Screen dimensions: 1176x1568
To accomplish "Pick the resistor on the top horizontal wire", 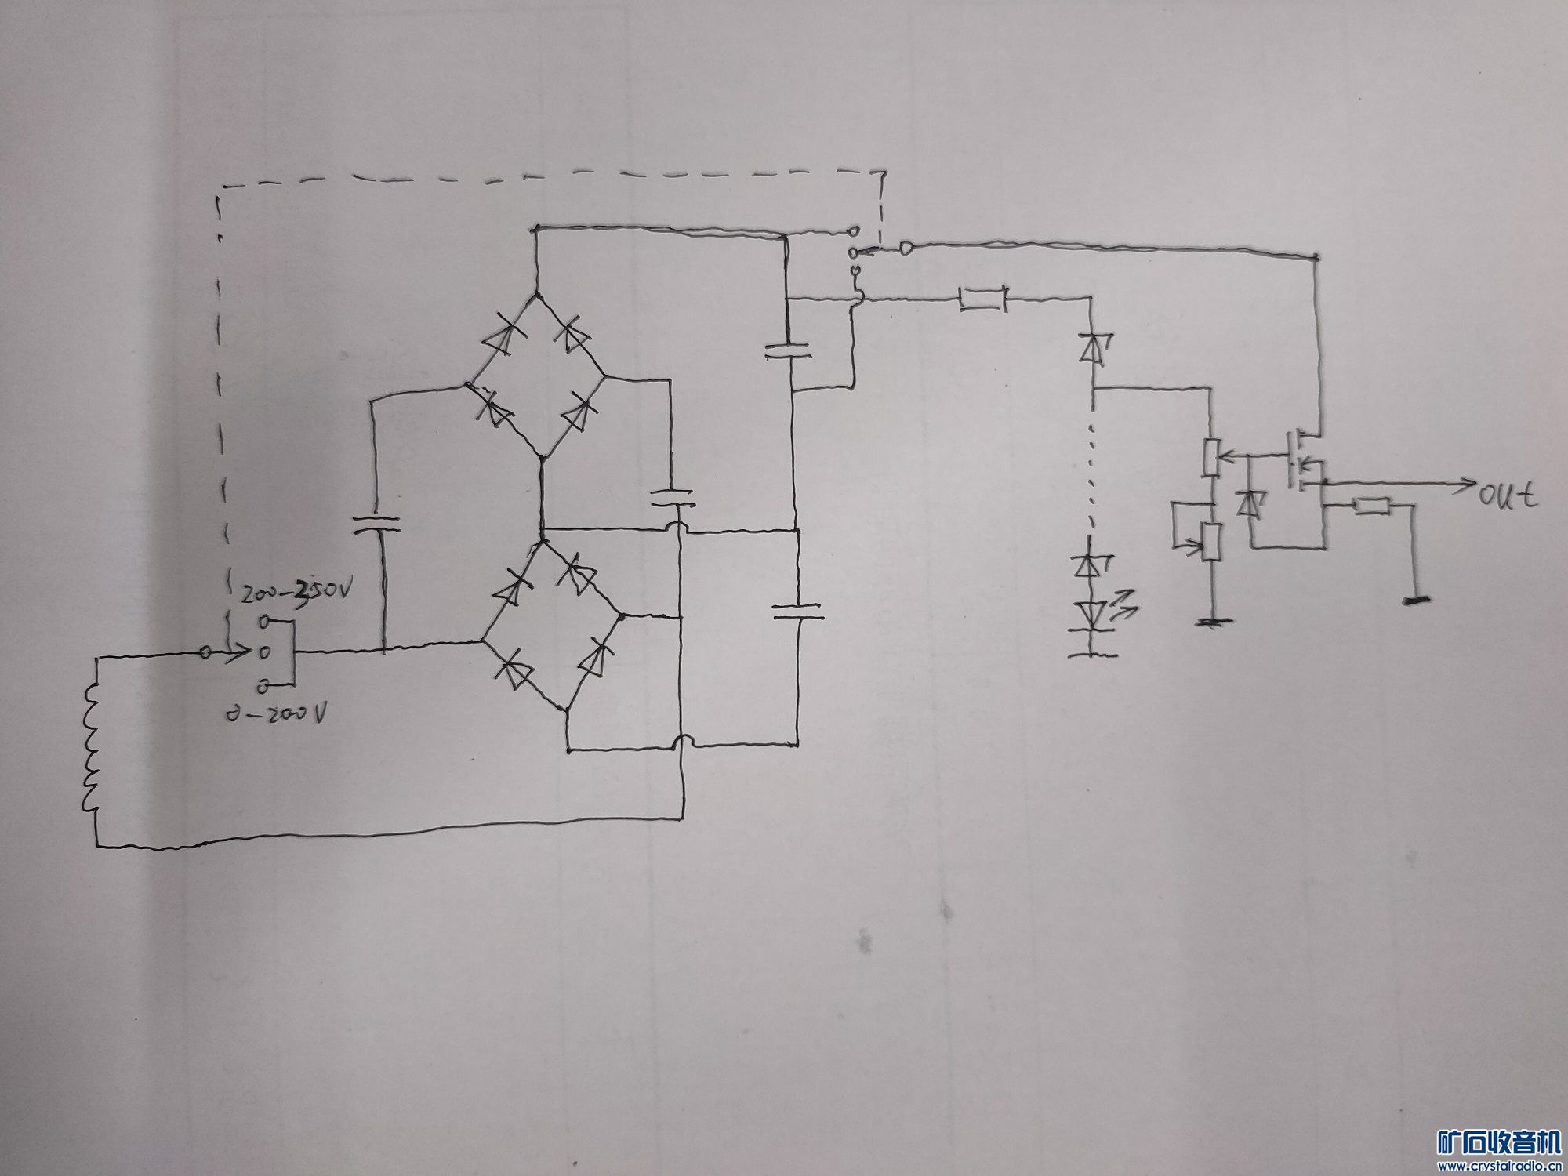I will coord(983,299).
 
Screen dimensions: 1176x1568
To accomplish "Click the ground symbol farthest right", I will coord(1413,601).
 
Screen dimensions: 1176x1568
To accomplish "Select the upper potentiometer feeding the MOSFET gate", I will coord(1213,458).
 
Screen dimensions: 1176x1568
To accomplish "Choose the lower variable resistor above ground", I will coord(1212,542).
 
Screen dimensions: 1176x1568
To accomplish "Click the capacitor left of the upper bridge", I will coord(375,523).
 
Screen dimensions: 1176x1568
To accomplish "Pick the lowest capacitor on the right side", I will coord(797,612).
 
